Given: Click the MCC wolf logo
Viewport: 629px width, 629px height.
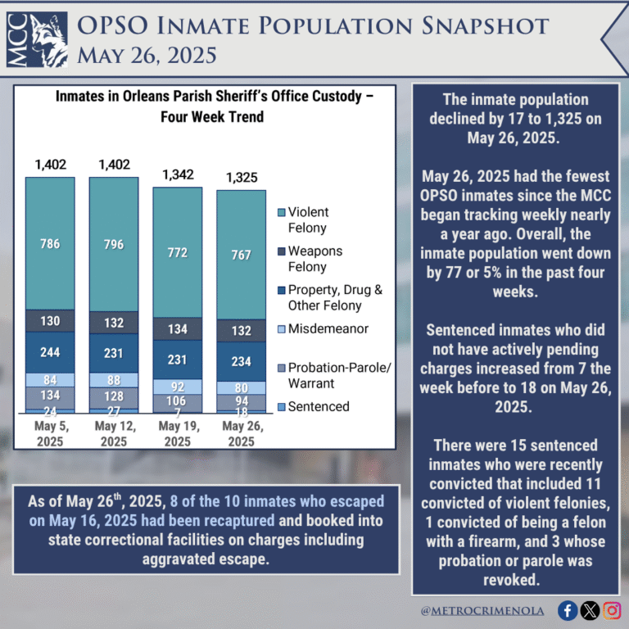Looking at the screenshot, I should point(38,38).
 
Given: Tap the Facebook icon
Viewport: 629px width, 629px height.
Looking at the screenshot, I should point(567,610).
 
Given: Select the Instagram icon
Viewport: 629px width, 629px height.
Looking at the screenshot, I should point(612,610).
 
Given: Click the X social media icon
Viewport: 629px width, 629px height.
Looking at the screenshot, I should point(590,610).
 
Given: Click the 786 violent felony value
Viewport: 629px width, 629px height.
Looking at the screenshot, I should point(50,243).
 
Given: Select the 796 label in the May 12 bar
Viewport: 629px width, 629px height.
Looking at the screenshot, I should point(114,243).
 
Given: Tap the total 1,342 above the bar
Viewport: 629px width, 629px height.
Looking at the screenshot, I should point(178,174).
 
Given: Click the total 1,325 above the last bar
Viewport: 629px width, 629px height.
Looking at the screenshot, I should point(241,178).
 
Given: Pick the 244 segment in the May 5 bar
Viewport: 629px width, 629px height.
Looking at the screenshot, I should point(50,353).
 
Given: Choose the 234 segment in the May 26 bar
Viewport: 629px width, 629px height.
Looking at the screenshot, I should point(241,361).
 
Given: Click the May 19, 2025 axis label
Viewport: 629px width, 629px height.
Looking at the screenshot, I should point(178,434).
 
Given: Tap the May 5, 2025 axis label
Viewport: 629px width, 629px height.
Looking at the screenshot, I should point(50,434).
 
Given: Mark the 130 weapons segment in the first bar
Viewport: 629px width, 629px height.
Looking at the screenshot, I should point(50,320).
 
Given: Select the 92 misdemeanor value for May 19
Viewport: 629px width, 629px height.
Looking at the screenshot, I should point(178,386).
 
